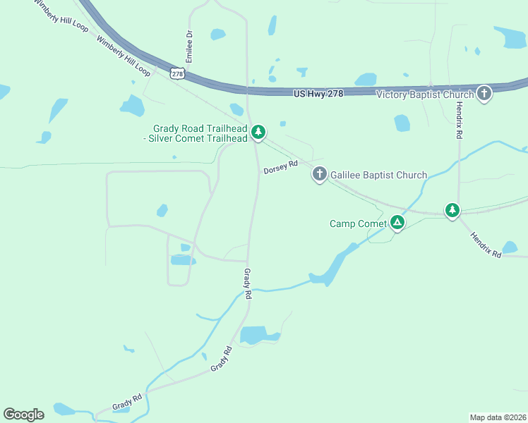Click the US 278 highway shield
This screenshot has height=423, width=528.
(x=176, y=73)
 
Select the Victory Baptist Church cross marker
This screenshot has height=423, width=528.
(x=484, y=94)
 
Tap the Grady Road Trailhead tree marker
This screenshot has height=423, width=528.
(x=258, y=132)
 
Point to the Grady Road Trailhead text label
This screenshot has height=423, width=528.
(x=200, y=133)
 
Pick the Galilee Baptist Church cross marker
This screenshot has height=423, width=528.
(x=319, y=174)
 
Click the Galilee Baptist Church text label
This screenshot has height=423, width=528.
(x=378, y=175)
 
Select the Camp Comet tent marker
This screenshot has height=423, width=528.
(x=397, y=223)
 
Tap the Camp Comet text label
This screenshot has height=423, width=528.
(x=358, y=223)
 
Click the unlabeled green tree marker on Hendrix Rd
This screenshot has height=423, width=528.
(x=452, y=210)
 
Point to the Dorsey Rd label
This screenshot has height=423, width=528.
(x=281, y=167)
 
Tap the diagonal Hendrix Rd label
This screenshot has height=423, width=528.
(x=486, y=245)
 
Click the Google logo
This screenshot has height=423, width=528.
(x=23, y=415)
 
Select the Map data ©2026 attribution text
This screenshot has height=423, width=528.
(x=498, y=417)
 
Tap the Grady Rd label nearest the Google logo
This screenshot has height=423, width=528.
(x=127, y=403)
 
